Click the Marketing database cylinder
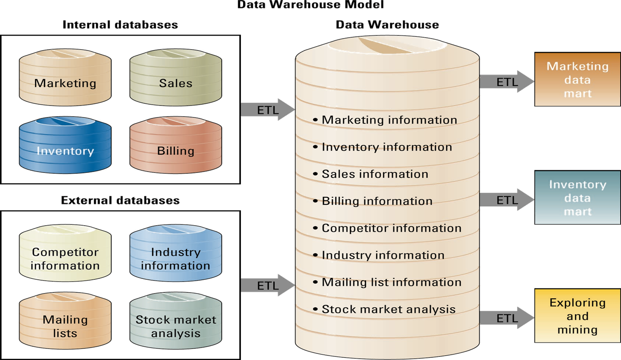(65, 78)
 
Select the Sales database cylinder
(176, 78)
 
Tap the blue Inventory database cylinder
(65, 146)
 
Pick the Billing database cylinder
(176, 146)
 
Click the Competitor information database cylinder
(65, 254)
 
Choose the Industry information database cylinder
(176, 254)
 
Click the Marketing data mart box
(577, 80)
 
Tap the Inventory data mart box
(577, 198)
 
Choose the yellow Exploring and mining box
(577, 316)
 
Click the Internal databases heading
(120, 24)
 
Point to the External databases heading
(120, 200)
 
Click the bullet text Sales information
(375, 174)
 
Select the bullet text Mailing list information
(391, 282)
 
